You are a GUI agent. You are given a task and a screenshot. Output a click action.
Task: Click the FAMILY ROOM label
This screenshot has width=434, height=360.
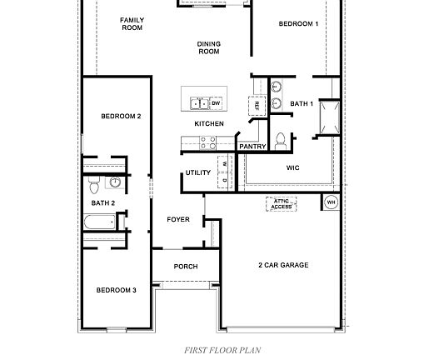coord(132,23)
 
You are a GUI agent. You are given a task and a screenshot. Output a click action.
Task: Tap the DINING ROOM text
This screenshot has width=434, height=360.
coord(208,47)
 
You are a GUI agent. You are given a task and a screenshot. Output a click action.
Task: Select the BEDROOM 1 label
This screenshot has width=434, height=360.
coord(298,24)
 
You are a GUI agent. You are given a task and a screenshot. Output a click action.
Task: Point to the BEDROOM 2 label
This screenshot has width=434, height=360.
coord(121,116)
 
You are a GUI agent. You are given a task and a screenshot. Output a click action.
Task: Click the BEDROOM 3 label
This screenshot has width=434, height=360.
coord(116,290)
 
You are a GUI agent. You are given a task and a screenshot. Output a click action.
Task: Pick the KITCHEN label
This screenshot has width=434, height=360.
coord(209,124)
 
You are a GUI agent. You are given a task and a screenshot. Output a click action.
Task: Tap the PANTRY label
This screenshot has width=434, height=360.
coord(252,147)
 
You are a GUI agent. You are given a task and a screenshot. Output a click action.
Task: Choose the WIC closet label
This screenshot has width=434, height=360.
coord(292,167)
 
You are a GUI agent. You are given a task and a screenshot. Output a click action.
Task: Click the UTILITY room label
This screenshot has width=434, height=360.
coord(198,172)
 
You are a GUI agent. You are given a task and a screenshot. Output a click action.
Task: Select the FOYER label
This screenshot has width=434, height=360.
coord(178,220)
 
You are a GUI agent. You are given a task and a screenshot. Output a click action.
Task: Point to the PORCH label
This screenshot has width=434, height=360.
coord(185,267)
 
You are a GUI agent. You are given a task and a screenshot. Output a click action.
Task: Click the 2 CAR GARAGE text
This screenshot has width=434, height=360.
coord(282,265)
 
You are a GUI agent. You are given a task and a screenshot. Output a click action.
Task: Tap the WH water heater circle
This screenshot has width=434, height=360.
coord(331,202)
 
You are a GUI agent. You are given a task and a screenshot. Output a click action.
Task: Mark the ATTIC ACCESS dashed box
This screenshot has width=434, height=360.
coord(281,203)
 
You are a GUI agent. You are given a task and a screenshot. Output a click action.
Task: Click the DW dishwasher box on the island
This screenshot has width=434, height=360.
coord(216,103)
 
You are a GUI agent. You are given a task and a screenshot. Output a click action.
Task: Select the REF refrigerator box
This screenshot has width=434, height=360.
coord(257,105)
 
